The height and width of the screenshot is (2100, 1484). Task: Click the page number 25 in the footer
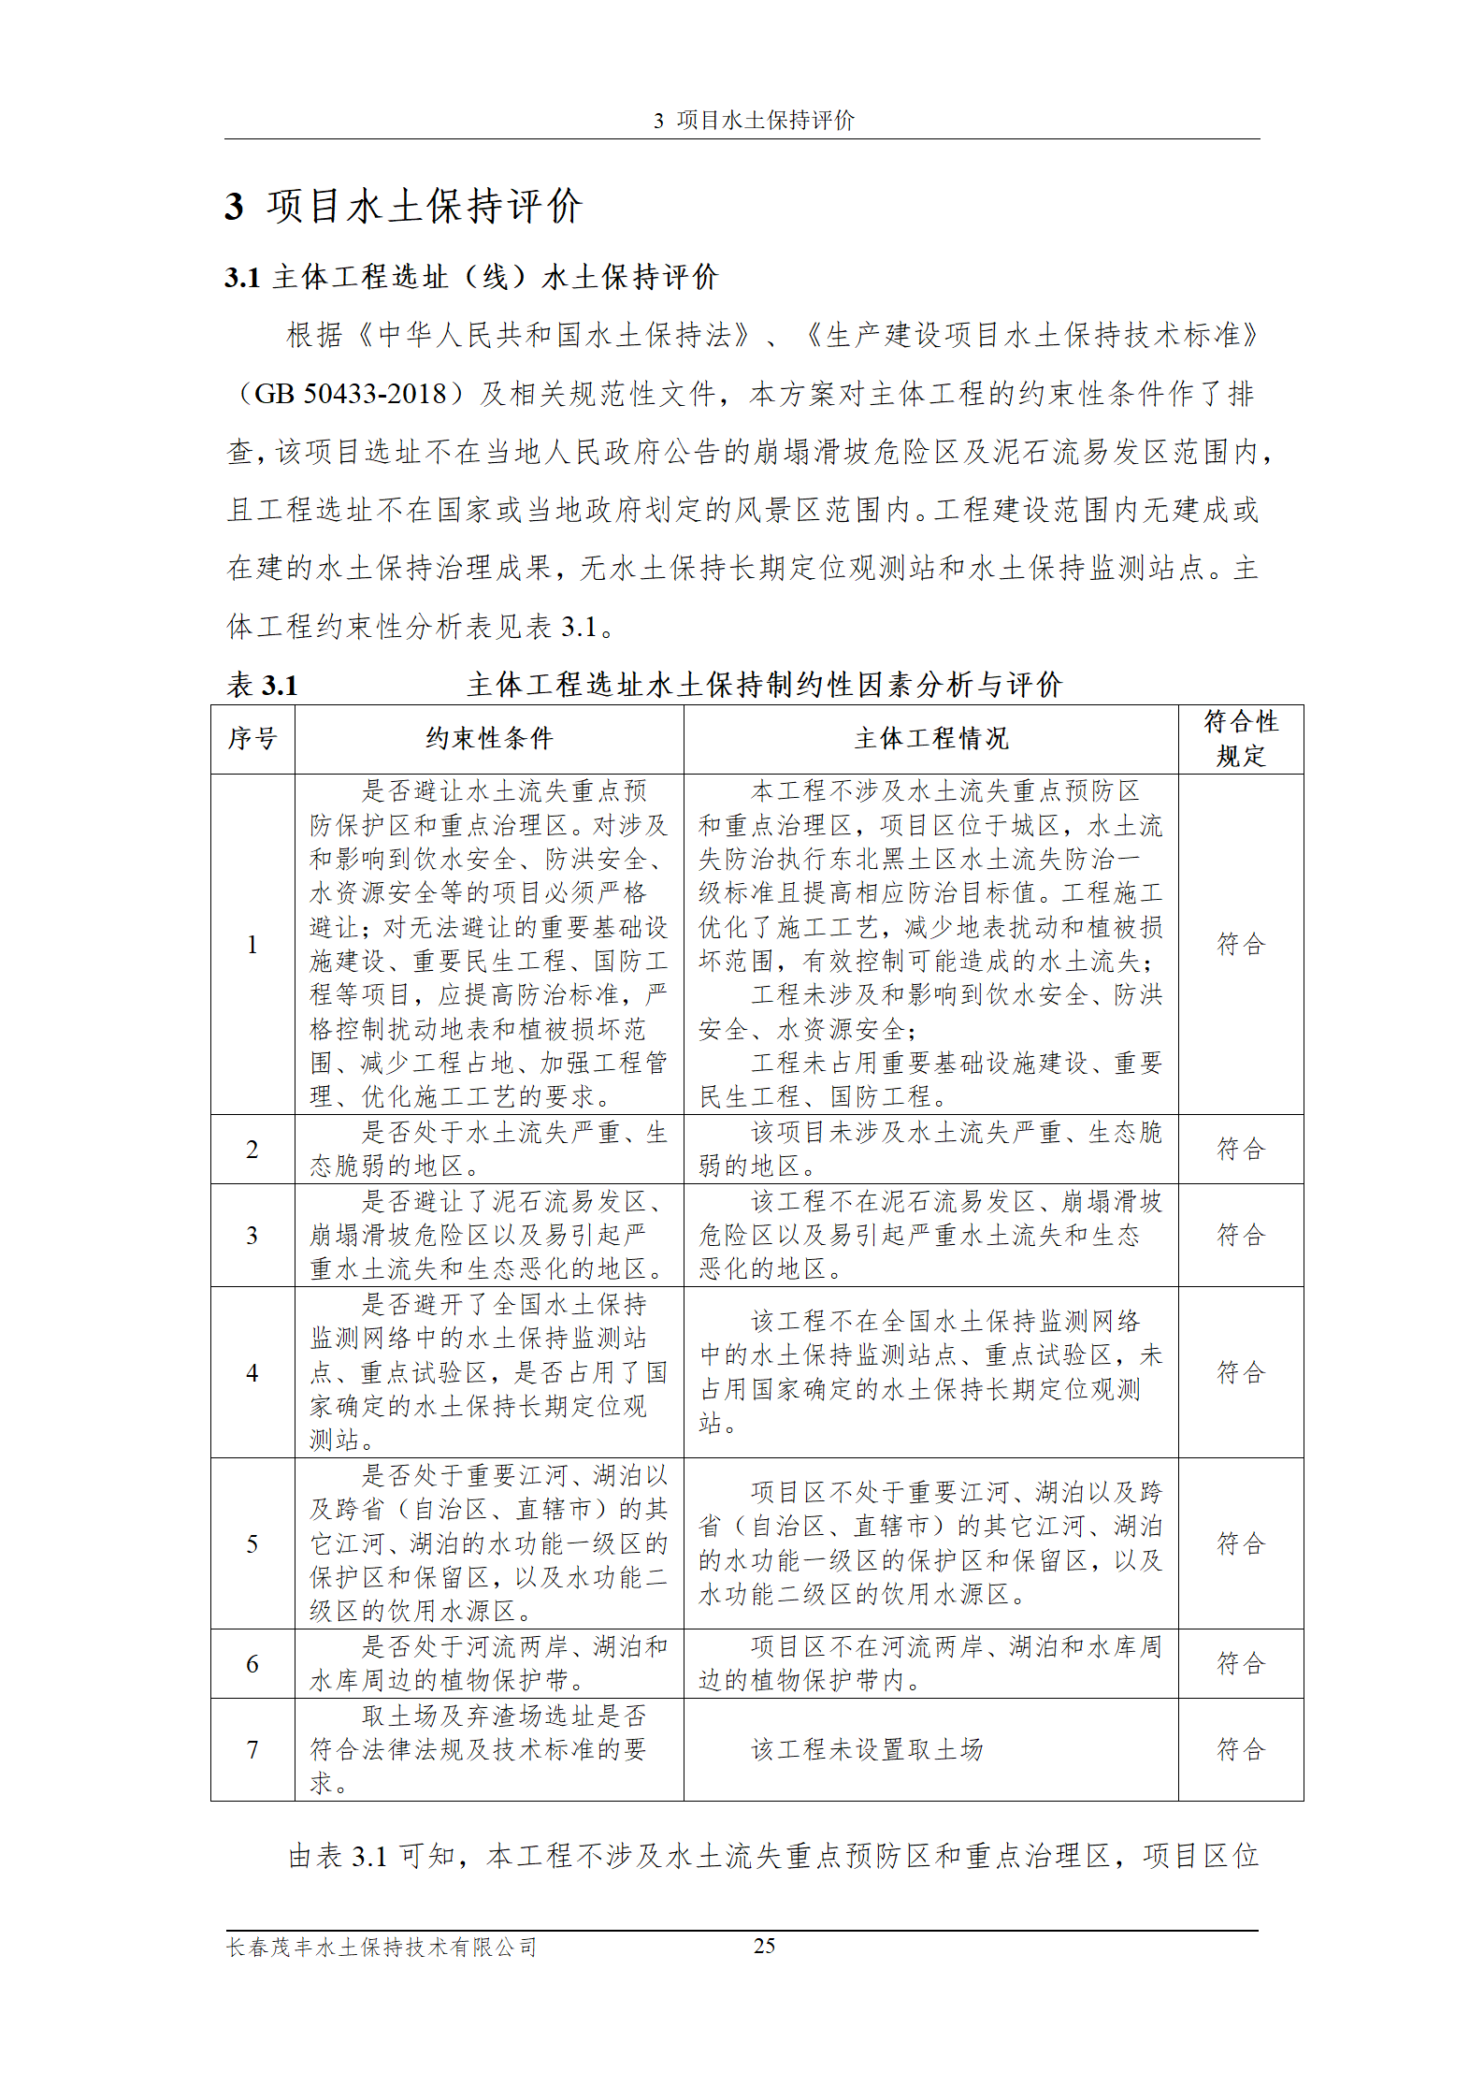pos(764,1946)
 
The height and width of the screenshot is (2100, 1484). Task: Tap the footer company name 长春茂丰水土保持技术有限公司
pos(382,1947)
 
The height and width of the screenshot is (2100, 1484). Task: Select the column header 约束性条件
pos(489,739)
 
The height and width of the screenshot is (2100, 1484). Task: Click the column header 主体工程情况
pos(930,739)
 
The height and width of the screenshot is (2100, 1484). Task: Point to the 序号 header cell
pos(252,739)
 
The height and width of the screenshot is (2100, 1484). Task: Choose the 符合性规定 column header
pos(1240,738)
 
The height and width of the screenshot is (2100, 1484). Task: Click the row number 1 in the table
pos(252,944)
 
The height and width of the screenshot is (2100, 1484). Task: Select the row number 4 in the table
pos(252,1372)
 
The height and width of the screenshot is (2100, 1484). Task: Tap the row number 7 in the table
pos(252,1749)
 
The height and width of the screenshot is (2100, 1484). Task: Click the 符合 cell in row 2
pos(1240,1149)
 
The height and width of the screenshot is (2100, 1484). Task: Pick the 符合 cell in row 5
pos(1240,1543)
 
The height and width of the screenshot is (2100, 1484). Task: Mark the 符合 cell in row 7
pos(1240,1749)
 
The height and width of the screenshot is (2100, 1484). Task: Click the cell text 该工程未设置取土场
pos(867,1749)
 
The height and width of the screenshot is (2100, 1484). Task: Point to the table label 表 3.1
pos(262,686)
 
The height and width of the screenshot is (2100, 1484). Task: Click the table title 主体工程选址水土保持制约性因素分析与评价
pos(764,685)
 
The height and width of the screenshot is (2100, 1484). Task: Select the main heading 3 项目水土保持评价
pos(404,206)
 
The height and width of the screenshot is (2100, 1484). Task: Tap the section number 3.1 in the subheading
pos(241,278)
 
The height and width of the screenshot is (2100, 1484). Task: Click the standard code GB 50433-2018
pos(351,394)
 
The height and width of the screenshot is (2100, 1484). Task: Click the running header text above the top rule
pos(754,120)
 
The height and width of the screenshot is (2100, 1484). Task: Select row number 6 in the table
pos(252,1664)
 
